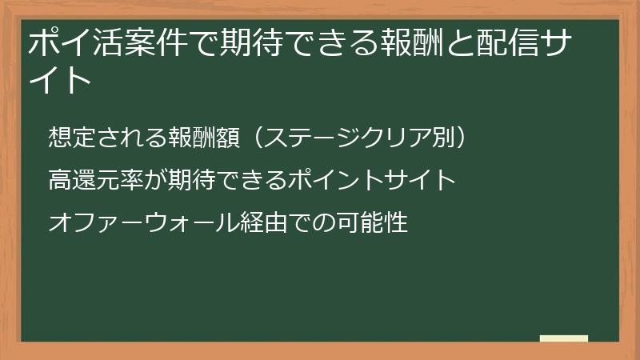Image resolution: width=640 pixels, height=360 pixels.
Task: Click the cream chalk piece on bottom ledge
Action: click(x=563, y=338)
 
